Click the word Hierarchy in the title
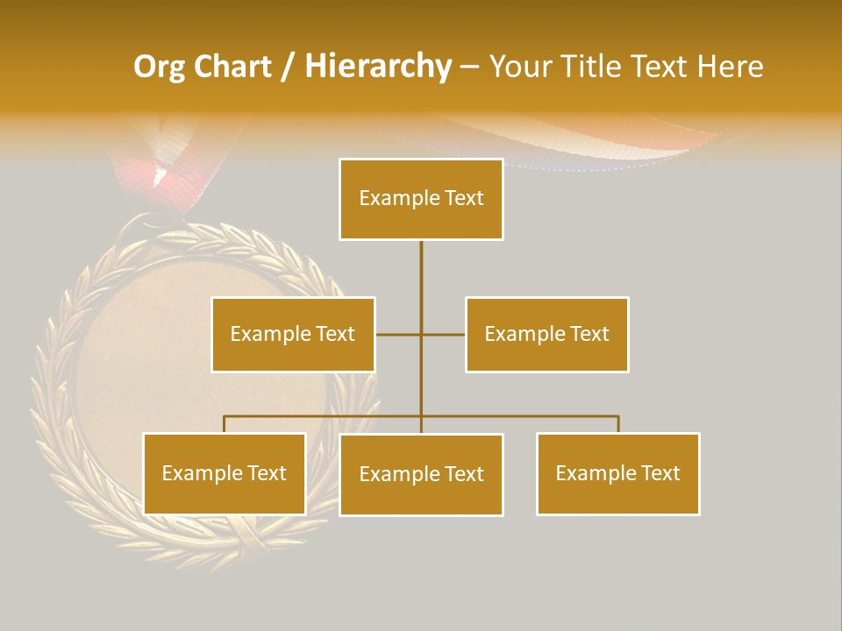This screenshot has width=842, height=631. [x=377, y=67]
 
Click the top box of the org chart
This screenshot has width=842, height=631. [x=421, y=199]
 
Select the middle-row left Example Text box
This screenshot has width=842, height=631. [x=293, y=334]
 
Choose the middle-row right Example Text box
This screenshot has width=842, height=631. [x=546, y=334]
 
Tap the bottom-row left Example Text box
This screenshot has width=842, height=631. [x=224, y=473]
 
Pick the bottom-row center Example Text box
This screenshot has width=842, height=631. [x=421, y=474]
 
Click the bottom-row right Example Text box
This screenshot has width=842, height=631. [x=617, y=473]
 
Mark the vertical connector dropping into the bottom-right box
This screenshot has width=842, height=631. [x=618, y=424]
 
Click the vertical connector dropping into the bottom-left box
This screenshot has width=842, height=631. [x=224, y=424]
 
